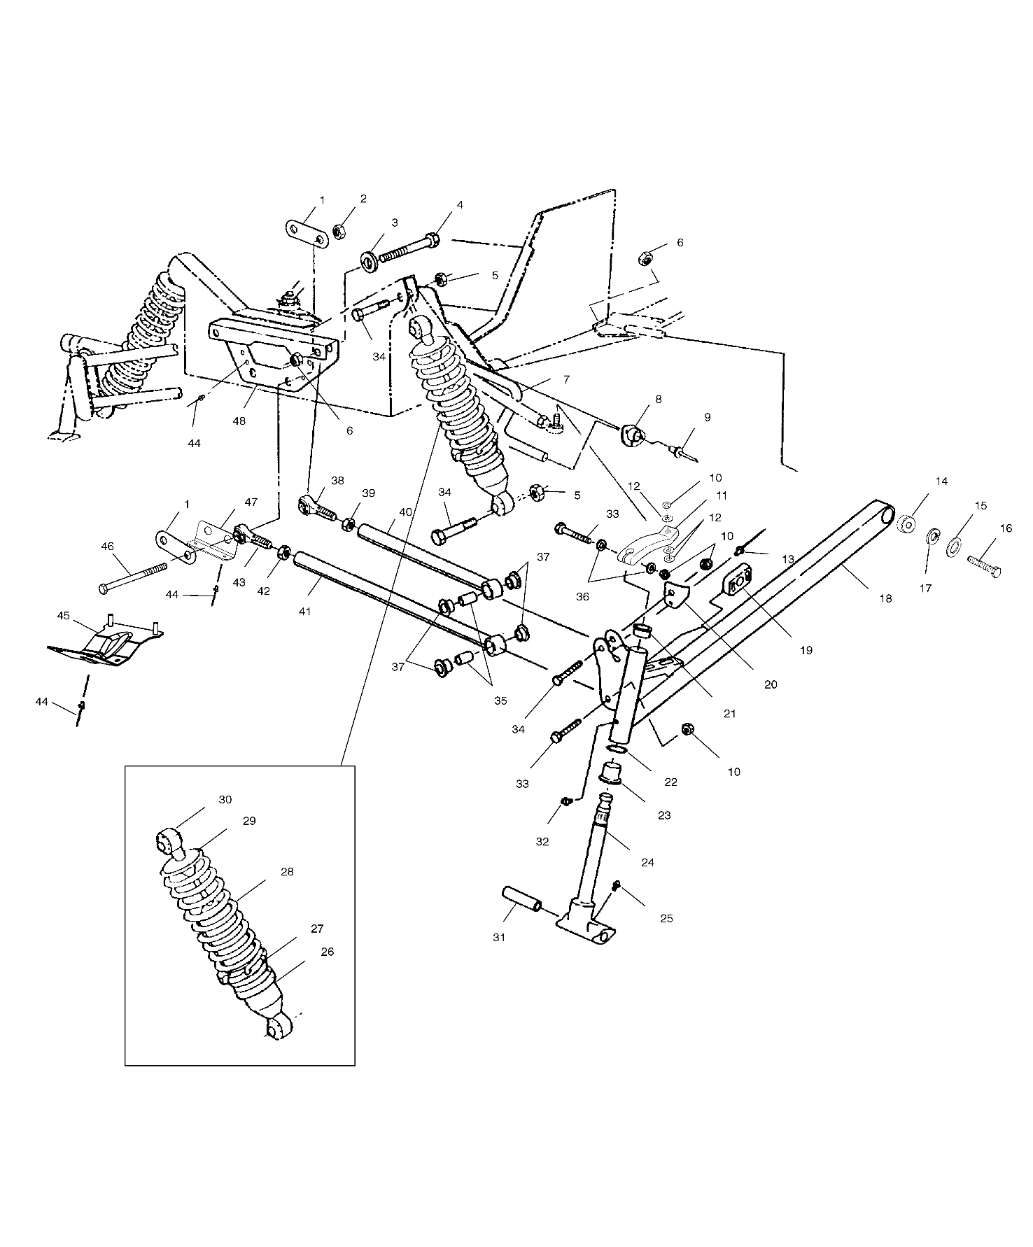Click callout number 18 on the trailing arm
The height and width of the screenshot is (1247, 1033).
885,598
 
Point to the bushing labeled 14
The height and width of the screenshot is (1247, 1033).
908,524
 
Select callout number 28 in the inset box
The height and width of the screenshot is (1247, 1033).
287,872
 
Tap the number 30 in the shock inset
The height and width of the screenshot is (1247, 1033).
225,799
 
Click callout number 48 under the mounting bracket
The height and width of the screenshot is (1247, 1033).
239,421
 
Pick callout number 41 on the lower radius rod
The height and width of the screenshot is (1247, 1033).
304,611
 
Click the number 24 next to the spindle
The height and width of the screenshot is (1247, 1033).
647,862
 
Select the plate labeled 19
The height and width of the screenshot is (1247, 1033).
736,582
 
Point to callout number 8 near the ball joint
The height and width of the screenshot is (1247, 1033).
657,399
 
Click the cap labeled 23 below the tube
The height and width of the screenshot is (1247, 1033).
614,775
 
